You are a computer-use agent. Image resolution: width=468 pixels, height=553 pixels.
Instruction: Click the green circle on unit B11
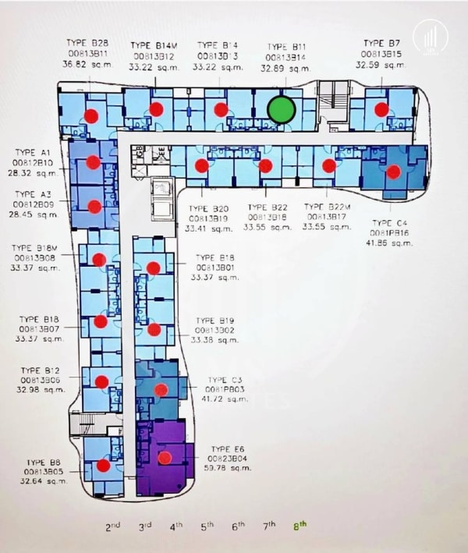point(281,110)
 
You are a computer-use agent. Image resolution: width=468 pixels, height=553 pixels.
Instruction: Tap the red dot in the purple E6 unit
point(165,458)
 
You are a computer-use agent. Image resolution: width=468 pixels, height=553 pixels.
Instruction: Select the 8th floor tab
point(300,526)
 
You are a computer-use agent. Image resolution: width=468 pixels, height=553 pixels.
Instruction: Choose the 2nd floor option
point(113,526)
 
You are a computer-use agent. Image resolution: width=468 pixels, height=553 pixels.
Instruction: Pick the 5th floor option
point(207,526)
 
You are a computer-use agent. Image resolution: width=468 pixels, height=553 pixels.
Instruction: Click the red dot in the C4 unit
point(393,172)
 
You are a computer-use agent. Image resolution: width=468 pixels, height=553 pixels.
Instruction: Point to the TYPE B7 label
point(382,42)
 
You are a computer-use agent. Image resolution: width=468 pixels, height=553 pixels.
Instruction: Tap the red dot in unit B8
point(103,466)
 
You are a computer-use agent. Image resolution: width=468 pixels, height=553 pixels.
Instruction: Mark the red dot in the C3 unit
point(161,389)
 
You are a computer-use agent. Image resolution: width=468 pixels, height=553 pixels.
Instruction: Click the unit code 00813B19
point(209,218)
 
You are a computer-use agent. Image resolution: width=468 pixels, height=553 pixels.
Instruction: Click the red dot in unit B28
point(91,116)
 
